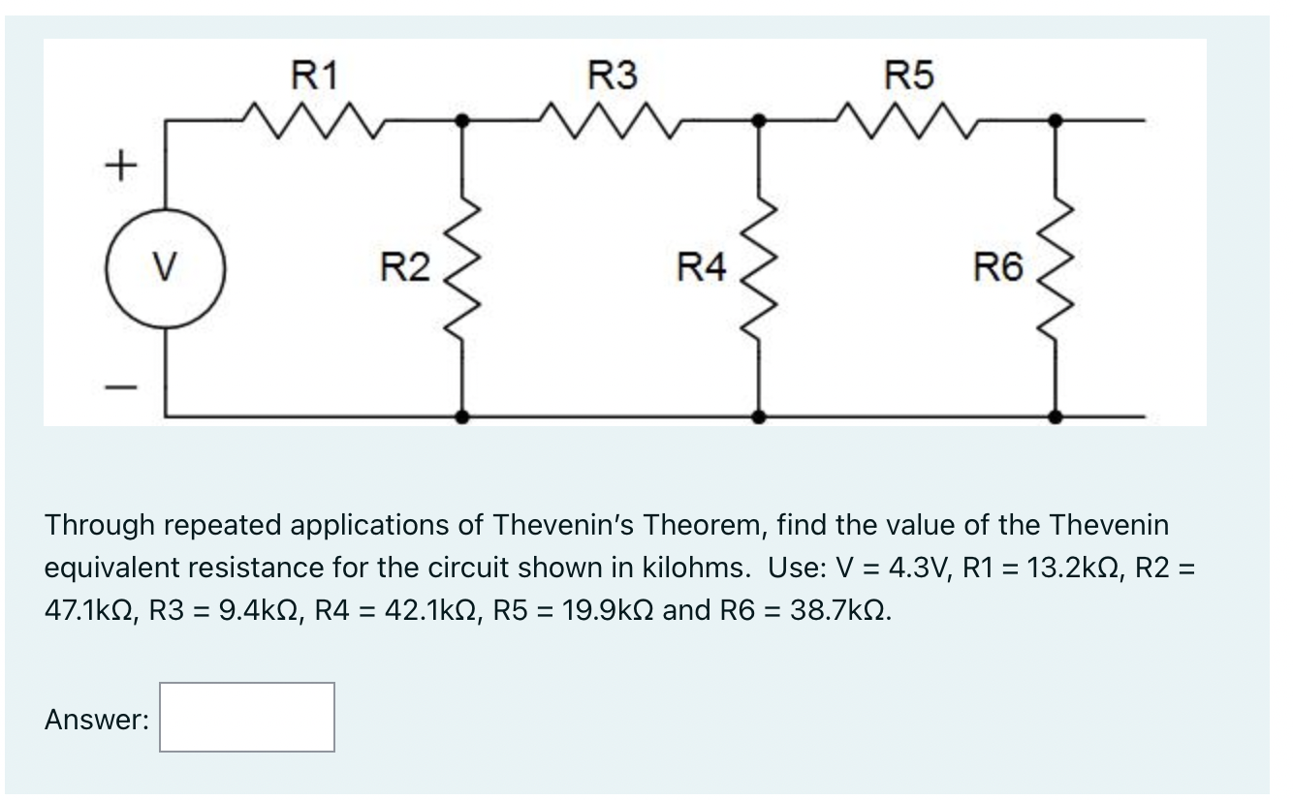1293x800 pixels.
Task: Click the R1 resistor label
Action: [x=315, y=75]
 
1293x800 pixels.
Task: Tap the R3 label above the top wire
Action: [x=614, y=75]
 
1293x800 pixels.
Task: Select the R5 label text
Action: [x=910, y=75]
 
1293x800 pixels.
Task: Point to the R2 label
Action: [x=405, y=265]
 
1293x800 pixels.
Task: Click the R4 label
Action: [x=702, y=265]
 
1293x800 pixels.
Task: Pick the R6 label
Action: [x=999, y=265]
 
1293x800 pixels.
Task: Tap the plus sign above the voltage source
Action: [x=117, y=167]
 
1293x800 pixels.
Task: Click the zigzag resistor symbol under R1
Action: [x=315, y=119]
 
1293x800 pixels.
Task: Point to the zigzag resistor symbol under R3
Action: [x=614, y=119]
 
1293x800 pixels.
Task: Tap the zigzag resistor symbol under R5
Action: [x=910, y=119]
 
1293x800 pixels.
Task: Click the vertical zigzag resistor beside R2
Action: [x=462, y=267]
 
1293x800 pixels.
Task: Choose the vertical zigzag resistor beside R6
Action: [x=1056, y=267]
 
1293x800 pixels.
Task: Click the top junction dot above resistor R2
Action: [x=462, y=121]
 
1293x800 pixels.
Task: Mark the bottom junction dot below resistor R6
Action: [x=1056, y=416]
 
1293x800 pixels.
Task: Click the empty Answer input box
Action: [x=247, y=718]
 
